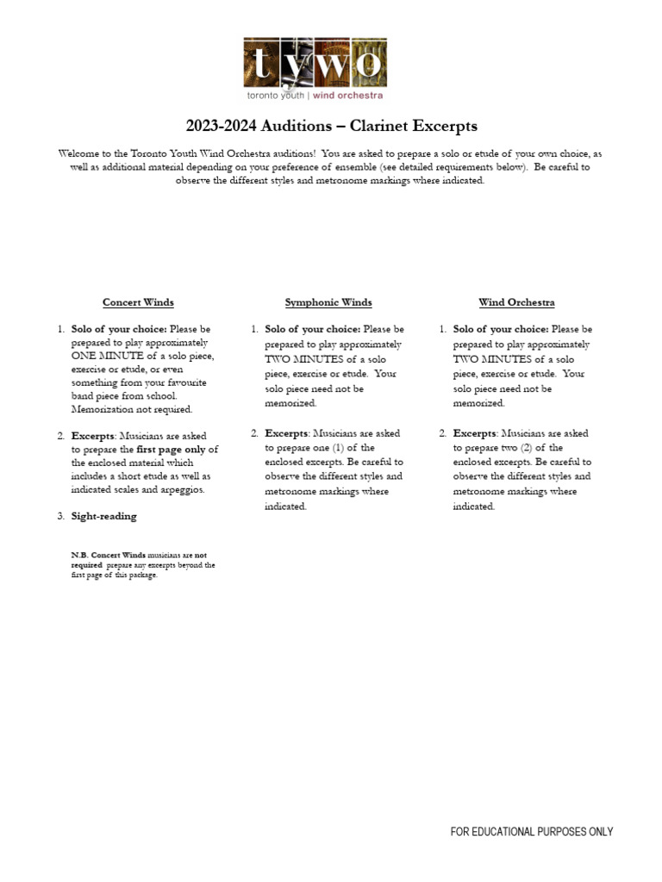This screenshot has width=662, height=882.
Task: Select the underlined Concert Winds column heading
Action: tap(138, 302)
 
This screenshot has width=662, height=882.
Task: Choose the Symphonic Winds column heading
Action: tap(328, 302)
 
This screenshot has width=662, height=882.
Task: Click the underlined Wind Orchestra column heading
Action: tap(516, 302)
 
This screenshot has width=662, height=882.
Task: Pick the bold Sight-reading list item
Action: tap(103, 516)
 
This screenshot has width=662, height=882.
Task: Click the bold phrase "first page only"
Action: tap(170, 449)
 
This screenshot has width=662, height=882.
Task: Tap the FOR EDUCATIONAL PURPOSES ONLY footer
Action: tap(532, 831)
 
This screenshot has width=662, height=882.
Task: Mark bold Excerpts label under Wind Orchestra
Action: tap(473, 433)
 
